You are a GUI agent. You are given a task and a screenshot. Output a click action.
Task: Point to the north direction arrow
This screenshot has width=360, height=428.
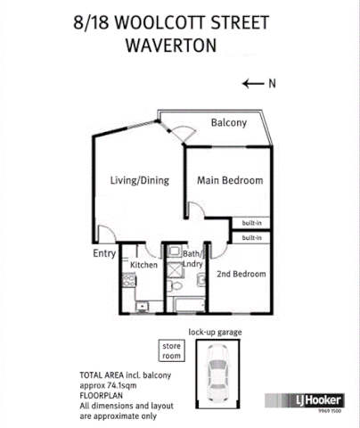[252, 84]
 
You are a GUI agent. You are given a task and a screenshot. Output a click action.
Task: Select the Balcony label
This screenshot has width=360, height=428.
[228, 123]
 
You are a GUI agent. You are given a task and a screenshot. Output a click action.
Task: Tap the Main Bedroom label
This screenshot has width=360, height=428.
[230, 181]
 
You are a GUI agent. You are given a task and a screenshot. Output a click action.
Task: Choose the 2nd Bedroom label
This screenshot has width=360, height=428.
[241, 275]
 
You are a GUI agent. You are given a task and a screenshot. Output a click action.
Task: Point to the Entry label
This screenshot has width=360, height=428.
[104, 254]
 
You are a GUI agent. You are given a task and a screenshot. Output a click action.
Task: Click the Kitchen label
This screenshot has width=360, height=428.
[143, 266]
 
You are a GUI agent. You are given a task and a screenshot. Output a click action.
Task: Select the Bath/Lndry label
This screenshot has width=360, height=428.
[194, 259]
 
